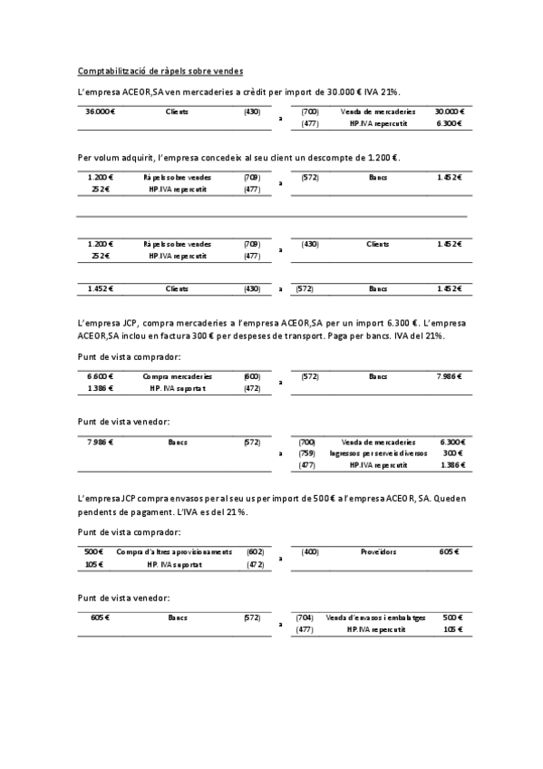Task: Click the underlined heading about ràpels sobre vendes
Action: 160,71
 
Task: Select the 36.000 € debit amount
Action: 100,112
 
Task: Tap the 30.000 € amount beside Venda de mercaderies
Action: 450,112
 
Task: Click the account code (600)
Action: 252,375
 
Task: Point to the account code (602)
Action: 255,551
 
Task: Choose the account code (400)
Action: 310,551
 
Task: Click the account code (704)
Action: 305,617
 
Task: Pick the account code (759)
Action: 306,453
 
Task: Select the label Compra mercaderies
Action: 178,375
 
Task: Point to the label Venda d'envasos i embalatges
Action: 375,617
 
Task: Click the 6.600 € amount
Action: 99,375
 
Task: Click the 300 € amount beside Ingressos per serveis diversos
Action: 453,453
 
